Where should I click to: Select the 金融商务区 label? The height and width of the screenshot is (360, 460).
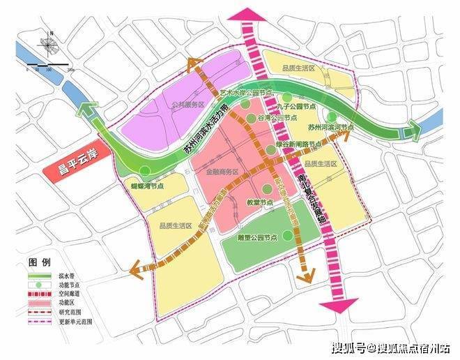pyautogui.click(x=222, y=172)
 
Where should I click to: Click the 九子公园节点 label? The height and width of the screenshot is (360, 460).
pyautogui.click(x=300, y=107)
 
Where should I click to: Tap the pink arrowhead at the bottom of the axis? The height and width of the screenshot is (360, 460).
pyautogui.click(x=338, y=305)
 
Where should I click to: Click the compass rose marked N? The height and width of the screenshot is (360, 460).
pyautogui.click(x=48, y=46)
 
